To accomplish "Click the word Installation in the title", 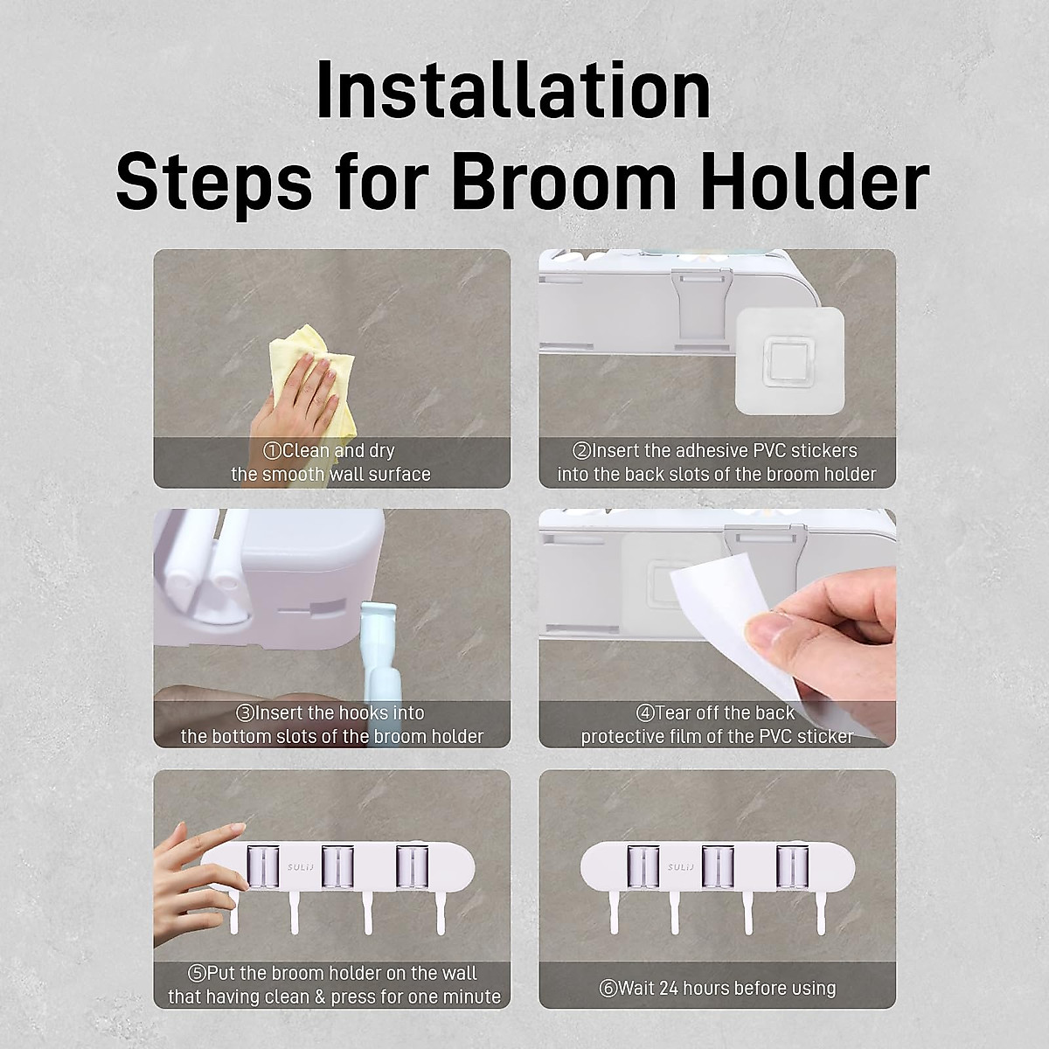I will point(513,91).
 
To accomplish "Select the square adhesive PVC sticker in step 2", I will point(789,359).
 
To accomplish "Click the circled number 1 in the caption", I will point(272,451).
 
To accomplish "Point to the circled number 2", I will point(581,451).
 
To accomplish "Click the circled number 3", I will point(245,713).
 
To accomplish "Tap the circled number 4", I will point(645,713).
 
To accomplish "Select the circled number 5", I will point(197,973).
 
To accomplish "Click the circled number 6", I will point(608,989).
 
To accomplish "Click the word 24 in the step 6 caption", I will point(669,989).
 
